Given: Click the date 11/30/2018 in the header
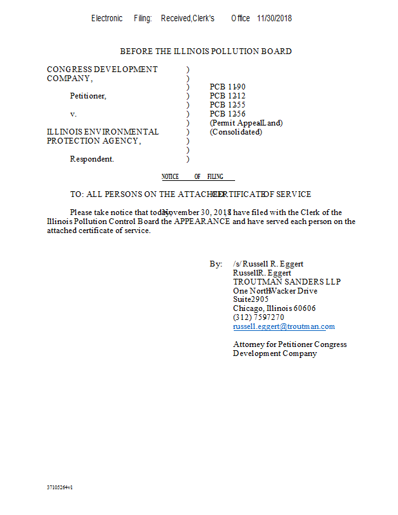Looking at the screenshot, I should (x=274, y=19).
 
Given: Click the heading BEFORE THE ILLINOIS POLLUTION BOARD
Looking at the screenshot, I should (x=205, y=51).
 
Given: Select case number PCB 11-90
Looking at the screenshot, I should (x=227, y=87).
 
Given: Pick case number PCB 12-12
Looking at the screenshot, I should (x=227, y=96).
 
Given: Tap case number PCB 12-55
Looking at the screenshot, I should (x=227, y=105).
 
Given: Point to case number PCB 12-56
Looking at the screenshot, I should (x=227, y=114).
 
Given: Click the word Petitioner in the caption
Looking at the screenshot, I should (x=88, y=96).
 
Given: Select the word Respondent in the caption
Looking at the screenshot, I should (x=91, y=159).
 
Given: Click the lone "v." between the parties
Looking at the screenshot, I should (x=73, y=114).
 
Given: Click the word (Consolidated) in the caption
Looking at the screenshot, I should (x=236, y=132).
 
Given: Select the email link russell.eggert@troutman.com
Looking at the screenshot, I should (x=283, y=326).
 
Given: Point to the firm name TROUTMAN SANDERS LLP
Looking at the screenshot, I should (x=287, y=281).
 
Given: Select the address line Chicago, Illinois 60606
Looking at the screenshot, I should (x=274, y=308).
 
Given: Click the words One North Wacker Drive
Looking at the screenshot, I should (x=275, y=290).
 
